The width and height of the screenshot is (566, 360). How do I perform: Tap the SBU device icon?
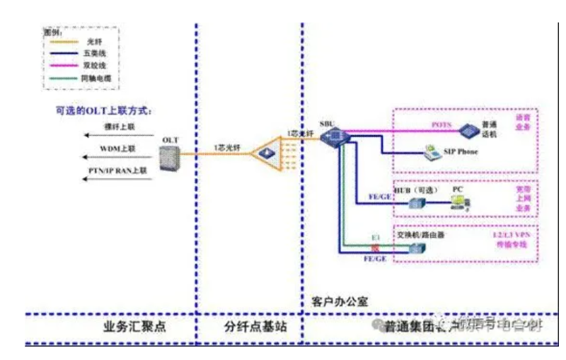pyautogui.click(x=330, y=137)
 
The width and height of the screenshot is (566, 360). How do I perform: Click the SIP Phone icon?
pyautogui.click(x=431, y=151)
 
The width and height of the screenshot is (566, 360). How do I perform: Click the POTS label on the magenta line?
pyautogui.click(x=441, y=124)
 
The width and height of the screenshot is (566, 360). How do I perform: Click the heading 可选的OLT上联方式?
pyautogui.click(x=105, y=111)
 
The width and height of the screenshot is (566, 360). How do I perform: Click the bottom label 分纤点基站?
pyautogui.click(x=248, y=327)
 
